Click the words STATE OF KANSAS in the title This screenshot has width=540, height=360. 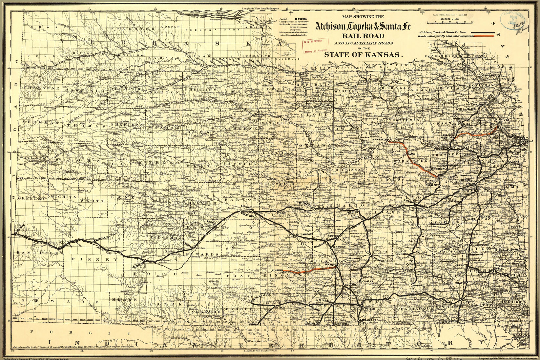click(x=363, y=55)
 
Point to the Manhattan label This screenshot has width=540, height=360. click(x=381, y=140)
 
